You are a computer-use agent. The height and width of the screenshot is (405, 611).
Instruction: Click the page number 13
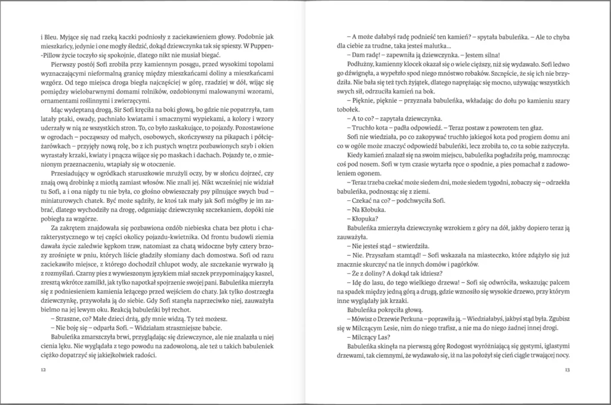567,371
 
